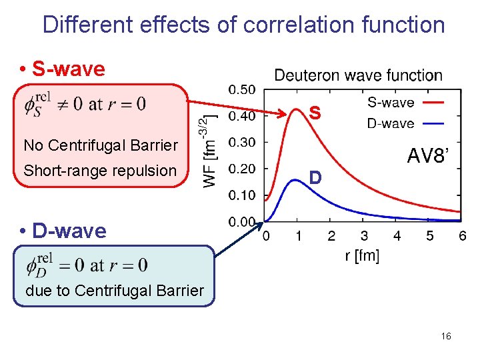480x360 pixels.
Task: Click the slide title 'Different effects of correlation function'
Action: (x=243, y=25)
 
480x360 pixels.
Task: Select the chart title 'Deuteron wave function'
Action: (x=358, y=75)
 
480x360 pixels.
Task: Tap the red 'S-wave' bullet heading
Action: (x=62, y=69)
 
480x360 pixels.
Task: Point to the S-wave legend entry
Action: (x=391, y=103)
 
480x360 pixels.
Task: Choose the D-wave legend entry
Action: (x=391, y=123)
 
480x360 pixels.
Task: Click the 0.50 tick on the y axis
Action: (x=241, y=89)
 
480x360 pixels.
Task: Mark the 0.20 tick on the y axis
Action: (x=241, y=169)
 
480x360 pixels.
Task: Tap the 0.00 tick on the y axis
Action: (x=241, y=221)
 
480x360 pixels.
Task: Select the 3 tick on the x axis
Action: (x=364, y=236)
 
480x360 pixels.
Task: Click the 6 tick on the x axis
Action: (x=462, y=236)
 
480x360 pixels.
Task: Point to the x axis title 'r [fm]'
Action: (x=362, y=256)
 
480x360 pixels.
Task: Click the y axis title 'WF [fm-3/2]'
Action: (x=210, y=149)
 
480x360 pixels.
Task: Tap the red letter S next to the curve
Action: (x=315, y=115)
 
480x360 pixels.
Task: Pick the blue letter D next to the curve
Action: (x=315, y=178)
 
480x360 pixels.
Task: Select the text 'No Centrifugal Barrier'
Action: (x=101, y=145)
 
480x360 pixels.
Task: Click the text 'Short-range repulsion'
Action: (x=100, y=171)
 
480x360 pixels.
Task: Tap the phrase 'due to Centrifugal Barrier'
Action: (x=114, y=291)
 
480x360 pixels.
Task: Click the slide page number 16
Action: (x=446, y=337)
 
